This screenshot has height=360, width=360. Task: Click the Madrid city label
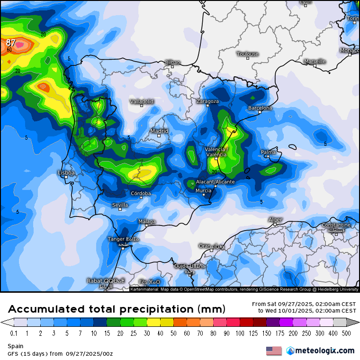[159, 131]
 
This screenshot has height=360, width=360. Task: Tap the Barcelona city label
[260, 108]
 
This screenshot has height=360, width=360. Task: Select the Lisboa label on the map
[66, 173]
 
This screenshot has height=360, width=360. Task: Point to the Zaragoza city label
[208, 101]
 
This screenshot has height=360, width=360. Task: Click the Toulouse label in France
[248, 54]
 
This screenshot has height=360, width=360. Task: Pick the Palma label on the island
[268, 152]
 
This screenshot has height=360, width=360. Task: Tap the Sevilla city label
[120, 205]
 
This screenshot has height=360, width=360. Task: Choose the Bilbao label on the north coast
[172, 62]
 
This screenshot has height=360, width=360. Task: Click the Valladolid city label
[142, 101]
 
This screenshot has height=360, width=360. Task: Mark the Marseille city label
[315, 61]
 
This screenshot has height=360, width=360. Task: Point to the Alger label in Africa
[275, 219]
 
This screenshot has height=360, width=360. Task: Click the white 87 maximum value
[11, 43]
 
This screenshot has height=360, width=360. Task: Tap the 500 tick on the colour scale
[346, 333]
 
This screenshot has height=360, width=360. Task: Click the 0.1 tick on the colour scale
[14, 333]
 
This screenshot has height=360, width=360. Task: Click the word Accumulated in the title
[46, 309]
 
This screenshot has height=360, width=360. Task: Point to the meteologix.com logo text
[325, 351]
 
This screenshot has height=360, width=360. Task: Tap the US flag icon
[274, 351]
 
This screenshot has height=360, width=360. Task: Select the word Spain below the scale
[15, 346]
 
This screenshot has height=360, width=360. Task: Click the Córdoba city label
[141, 193]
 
